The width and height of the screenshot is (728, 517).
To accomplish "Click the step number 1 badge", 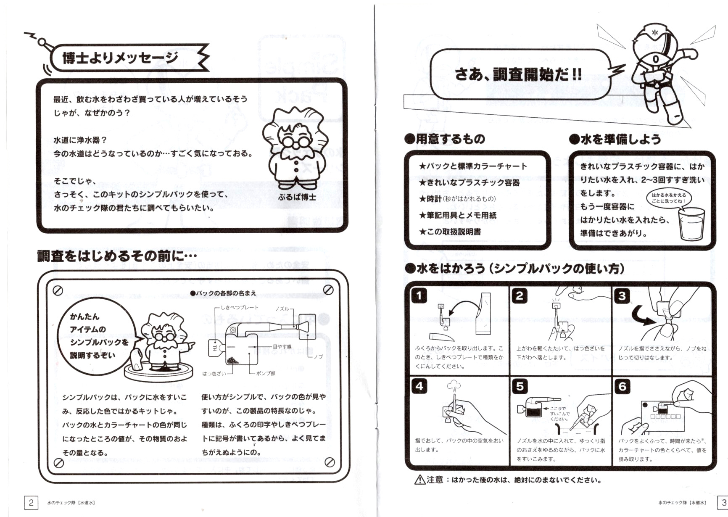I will coord(419,295).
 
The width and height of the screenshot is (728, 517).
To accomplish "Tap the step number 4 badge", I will coord(419,386).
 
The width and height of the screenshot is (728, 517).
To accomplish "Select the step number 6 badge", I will coord(622,386).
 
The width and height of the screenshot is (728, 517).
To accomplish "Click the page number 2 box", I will coord(31,502).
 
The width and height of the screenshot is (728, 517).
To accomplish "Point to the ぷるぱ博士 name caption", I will coord(297,197).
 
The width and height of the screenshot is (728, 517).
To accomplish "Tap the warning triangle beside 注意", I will coord(420,480).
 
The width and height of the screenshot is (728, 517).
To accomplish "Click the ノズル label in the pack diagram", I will coord(282,309).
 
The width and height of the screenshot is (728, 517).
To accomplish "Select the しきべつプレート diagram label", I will coord(240,308).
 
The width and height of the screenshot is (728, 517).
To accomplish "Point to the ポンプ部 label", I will coord(266,373).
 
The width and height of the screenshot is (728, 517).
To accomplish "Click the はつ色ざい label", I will coord(214,373).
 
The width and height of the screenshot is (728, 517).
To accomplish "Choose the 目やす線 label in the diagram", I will coord(282,347).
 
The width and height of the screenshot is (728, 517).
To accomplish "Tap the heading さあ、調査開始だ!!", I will coord(518,74).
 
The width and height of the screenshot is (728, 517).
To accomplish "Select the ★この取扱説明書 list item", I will coord(450,232).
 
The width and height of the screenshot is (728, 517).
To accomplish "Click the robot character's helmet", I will coord(654,38).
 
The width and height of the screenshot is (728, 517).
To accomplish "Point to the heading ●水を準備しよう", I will coord(615,139).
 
